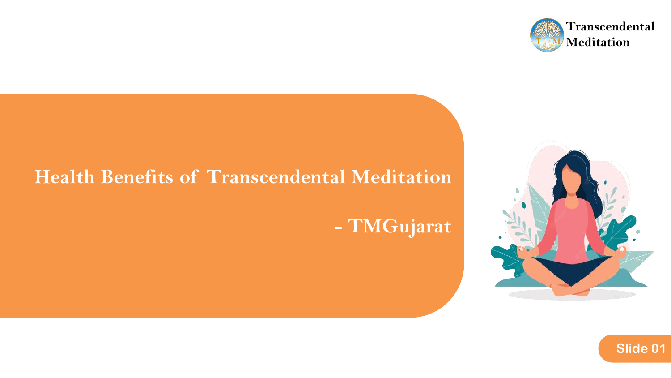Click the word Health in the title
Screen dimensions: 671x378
point(65,177)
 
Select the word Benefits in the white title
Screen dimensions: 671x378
point(137,177)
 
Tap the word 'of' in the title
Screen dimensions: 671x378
point(189,177)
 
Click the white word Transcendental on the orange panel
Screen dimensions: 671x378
point(276,177)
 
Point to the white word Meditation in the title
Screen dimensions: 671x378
point(401,177)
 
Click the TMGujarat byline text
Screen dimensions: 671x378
point(399,227)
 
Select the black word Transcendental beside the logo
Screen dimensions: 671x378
point(610,27)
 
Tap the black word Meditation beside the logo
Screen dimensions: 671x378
point(598,42)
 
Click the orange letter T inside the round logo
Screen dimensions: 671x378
point(539,41)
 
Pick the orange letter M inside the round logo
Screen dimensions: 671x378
point(556,41)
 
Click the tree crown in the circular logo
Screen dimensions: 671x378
point(547,30)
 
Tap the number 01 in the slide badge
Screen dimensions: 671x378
point(658,348)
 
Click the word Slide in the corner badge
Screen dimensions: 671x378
point(632,348)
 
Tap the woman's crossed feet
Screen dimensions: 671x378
point(571,290)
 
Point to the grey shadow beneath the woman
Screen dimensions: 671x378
point(571,295)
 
